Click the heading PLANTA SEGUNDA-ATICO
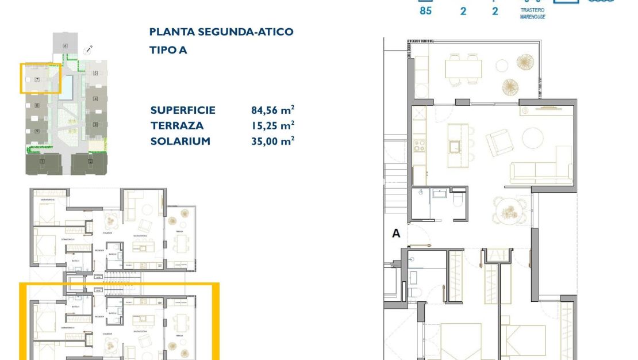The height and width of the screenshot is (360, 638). [x=221, y=32]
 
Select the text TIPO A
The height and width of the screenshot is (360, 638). [x=168, y=50]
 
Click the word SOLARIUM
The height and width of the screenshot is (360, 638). [x=180, y=141]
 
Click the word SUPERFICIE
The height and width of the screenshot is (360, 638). [x=183, y=110]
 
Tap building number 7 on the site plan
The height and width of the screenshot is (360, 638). [x=37, y=80]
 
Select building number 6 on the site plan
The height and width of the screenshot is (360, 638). [x=66, y=45]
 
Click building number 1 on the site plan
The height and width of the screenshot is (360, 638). [x=42, y=162]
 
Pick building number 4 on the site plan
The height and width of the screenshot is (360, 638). [x=95, y=99]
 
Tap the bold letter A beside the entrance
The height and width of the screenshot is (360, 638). [x=395, y=233]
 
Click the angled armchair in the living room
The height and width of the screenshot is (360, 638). [x=496, y=141]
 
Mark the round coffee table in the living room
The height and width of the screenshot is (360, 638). [x=533, y=137]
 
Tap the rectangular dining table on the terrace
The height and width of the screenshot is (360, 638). [x=463, y=69]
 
